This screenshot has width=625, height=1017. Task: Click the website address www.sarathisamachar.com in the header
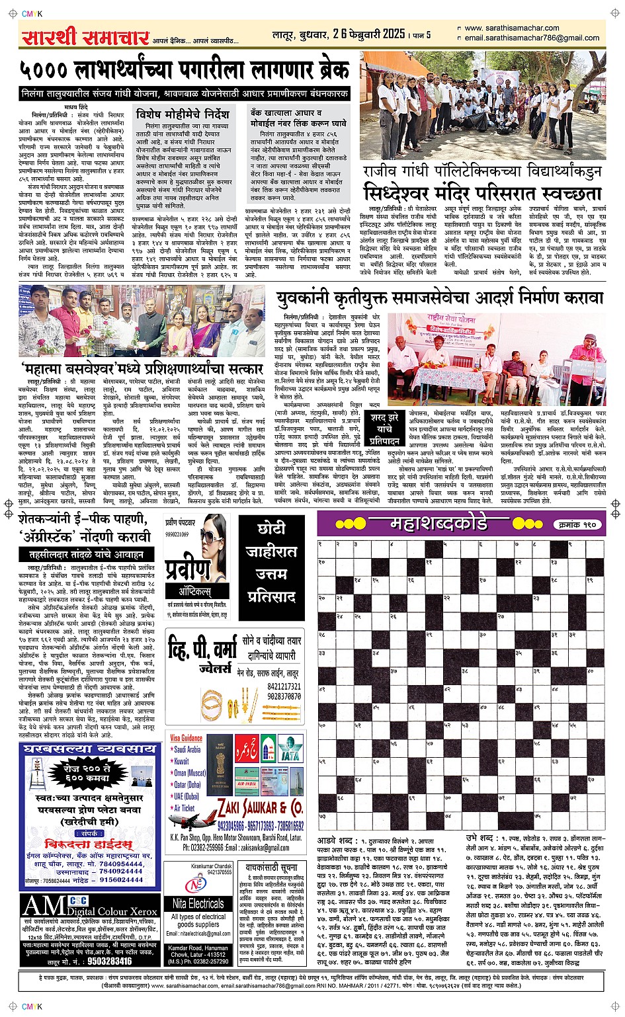coord(512,28)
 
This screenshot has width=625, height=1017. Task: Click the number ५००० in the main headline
coord(45,70)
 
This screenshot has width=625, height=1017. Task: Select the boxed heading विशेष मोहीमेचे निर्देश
coord(183,114)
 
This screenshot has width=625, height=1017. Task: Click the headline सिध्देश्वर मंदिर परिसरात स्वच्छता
coord(482,194)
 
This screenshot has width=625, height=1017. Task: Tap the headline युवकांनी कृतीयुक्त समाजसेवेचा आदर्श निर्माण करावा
coord(440,298)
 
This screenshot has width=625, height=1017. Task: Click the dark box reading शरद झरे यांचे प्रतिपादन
coord(384,428)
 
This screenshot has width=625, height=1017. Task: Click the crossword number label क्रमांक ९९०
coord(577,524)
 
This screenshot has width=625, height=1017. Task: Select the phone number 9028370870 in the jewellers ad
coord(284,696)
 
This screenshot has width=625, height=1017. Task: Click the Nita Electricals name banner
coord(198,903)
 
